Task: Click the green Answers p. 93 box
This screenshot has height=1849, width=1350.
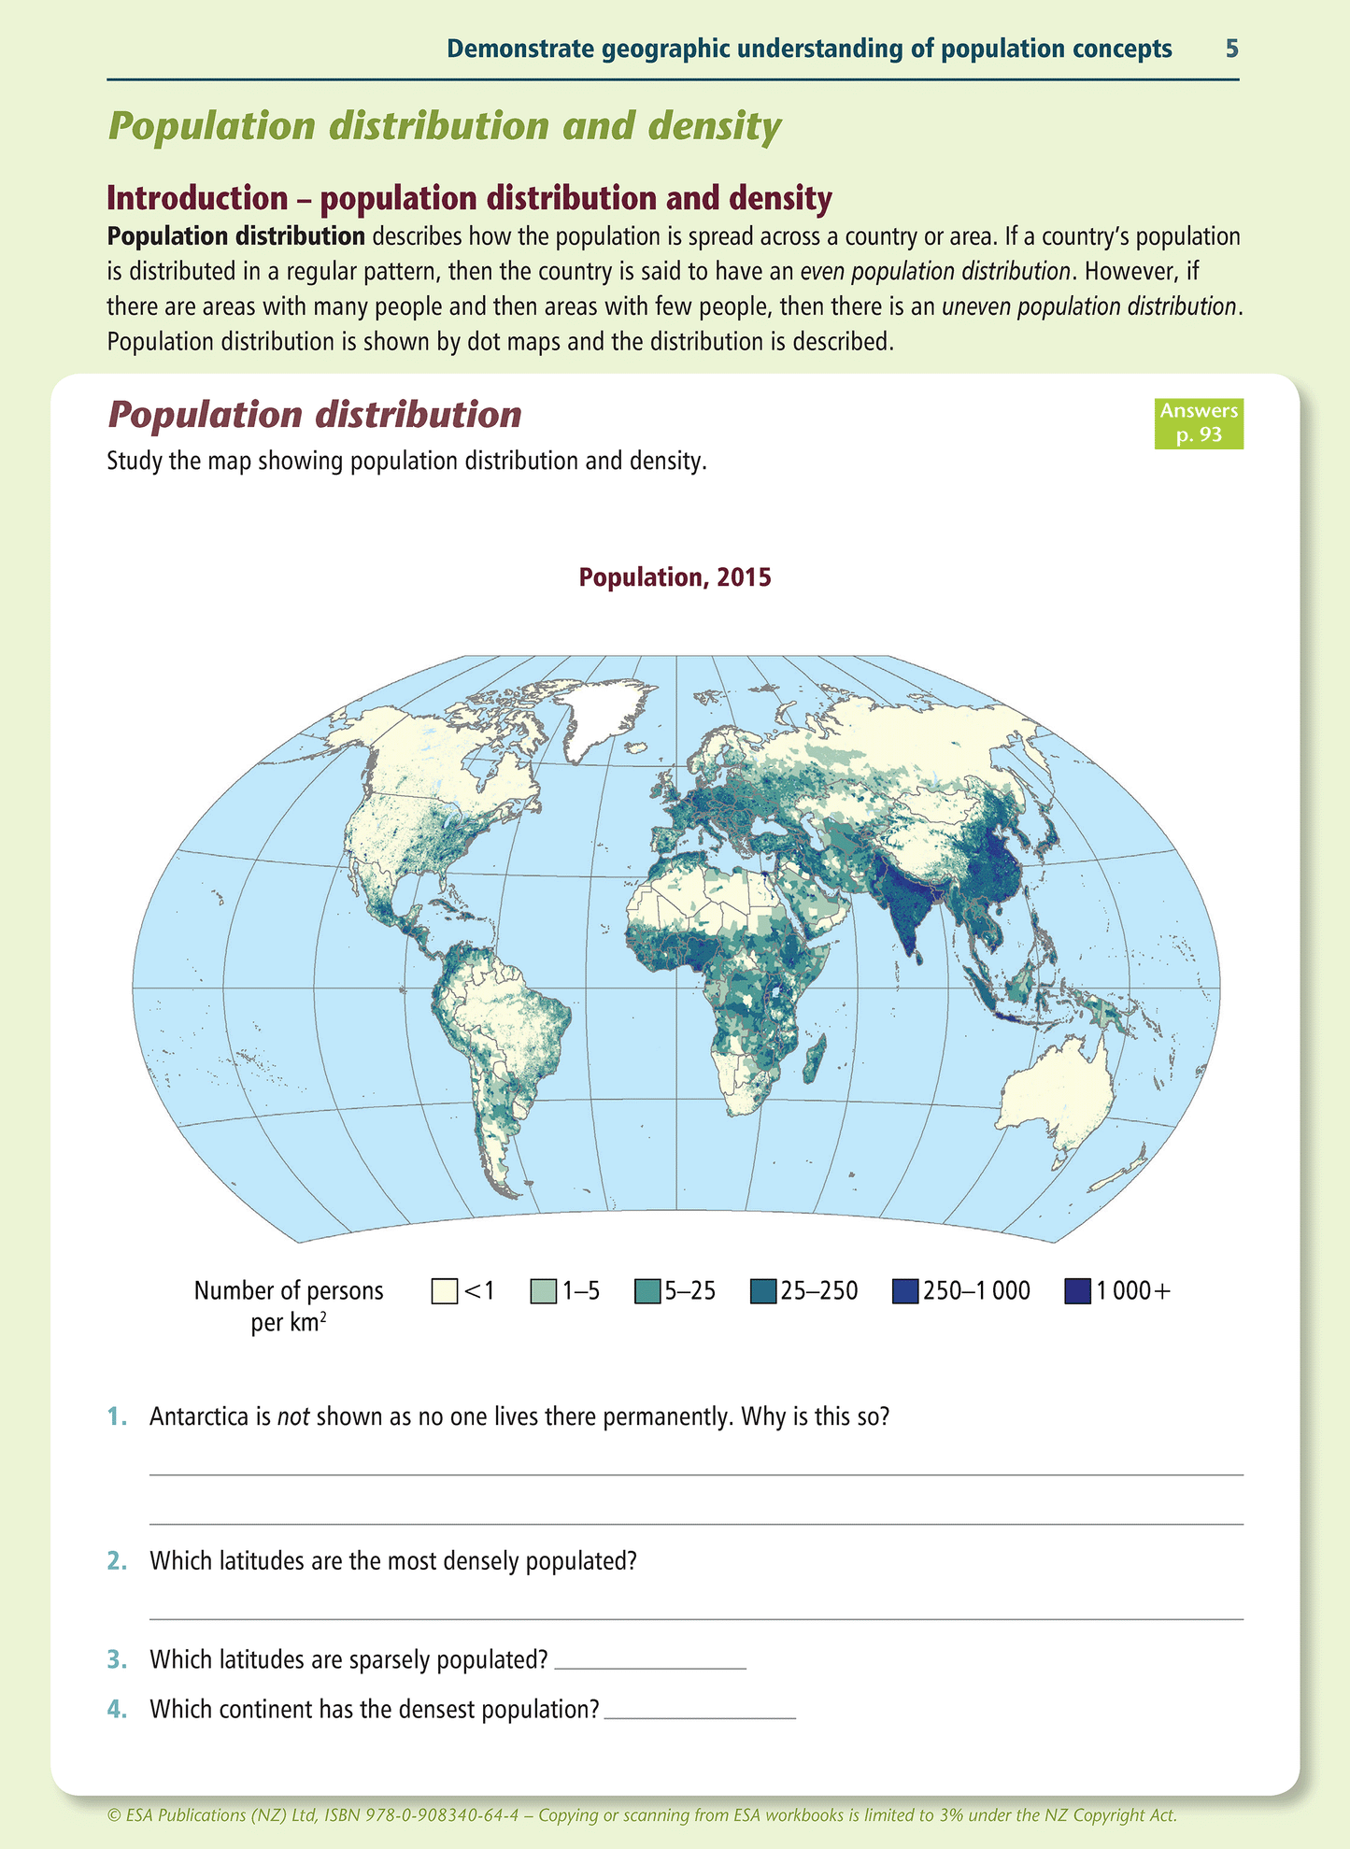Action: coord(1198,423)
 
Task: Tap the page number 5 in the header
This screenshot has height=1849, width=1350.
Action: coord(1231,49)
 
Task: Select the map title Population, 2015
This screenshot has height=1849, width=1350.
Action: coord(675,577)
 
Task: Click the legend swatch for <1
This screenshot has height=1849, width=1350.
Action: coord(445,1291)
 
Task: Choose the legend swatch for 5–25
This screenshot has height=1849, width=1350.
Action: coord(647,1291)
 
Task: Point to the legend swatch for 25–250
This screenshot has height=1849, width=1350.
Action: coord(763,1291)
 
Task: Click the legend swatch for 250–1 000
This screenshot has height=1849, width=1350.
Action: coord(905,1291)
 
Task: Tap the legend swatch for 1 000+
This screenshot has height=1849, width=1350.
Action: coord(1078,1291)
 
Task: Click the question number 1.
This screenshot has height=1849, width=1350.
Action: coord(116,1417)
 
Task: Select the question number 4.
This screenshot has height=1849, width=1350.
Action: coord(116,1709)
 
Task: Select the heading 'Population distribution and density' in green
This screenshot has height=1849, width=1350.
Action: coord(445,126)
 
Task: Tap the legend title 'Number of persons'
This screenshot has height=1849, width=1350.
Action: coord(289,1290)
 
